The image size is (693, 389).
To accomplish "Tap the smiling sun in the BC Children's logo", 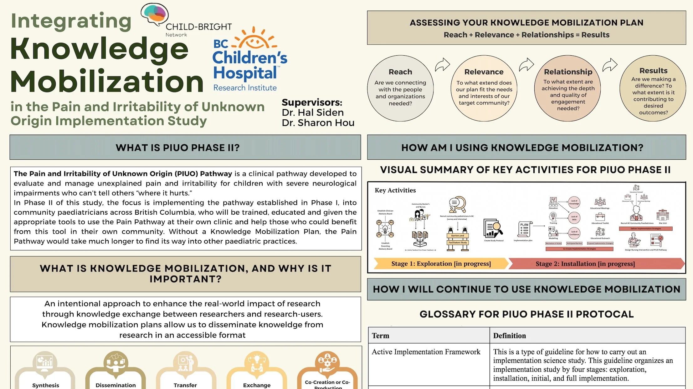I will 254,40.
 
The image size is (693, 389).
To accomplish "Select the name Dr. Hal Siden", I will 312,112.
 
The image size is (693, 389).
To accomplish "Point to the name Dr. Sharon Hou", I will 318,123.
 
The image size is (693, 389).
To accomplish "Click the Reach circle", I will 400,88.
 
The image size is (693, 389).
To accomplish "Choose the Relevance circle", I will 484,88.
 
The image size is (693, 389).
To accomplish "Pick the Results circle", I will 653,88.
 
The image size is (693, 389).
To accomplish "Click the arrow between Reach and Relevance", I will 442,65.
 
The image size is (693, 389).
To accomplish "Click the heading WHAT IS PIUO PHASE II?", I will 177,147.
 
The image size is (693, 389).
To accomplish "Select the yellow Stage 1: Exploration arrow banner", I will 441,264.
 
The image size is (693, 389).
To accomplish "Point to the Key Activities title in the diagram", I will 395,190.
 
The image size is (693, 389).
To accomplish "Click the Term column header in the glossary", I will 381,336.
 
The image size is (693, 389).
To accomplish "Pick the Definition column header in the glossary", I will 510,336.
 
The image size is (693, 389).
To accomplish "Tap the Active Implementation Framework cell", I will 426,352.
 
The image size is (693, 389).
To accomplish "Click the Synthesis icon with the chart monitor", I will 45,362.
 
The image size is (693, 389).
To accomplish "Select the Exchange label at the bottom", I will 257,385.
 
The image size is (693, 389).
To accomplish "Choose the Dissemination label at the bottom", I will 115,385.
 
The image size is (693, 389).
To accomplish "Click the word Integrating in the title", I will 71,21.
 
